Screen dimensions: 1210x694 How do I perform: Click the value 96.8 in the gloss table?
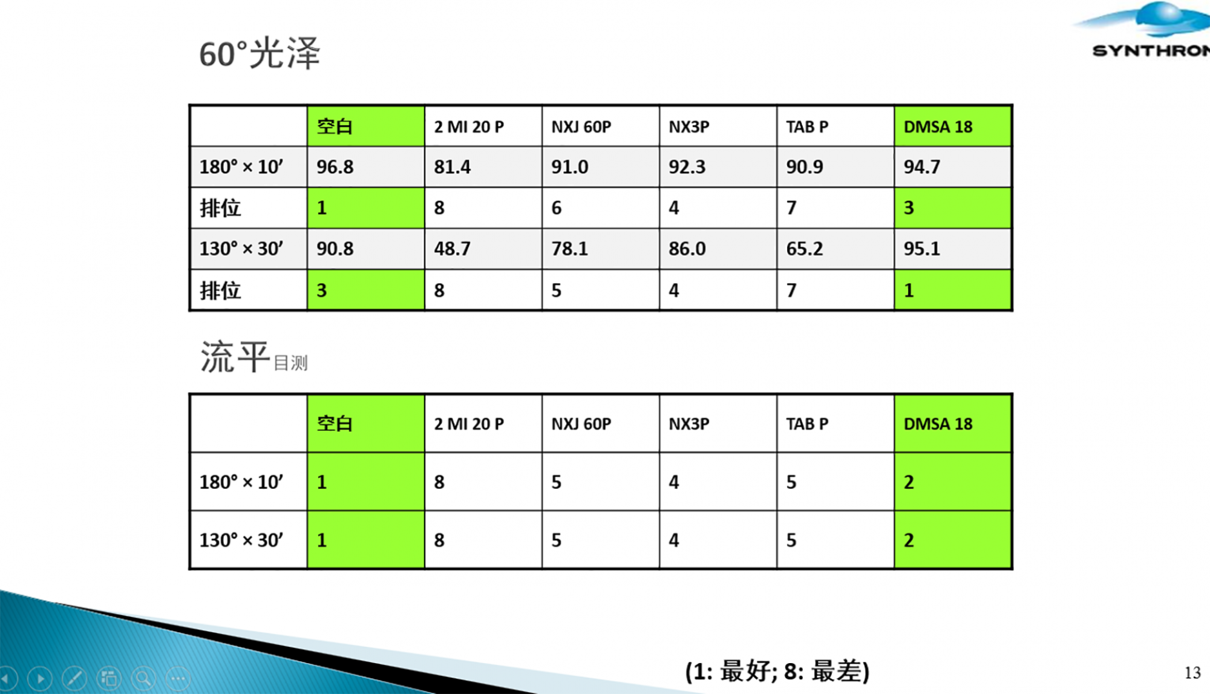[x=335, y=166]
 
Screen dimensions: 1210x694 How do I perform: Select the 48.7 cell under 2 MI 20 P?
[x=452, y=249]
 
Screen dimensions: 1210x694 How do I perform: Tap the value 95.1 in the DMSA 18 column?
[x=922, y=249]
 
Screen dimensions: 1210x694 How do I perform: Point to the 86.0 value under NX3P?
[x=687, y=249]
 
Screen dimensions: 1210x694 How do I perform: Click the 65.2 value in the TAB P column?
[x=805, y=249]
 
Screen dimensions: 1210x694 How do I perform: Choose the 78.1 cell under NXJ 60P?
[x=569, y=249]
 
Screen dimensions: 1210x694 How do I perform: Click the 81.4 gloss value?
[x=452, y=166]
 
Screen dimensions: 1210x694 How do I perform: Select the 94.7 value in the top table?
[x=922, y=166]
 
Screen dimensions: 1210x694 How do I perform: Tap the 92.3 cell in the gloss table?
[x=687, y=166]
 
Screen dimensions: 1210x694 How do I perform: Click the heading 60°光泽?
[x=260, y=53]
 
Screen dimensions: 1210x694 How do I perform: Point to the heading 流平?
[x=235, y=356]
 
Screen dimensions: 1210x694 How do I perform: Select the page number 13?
[x=1192, y=673]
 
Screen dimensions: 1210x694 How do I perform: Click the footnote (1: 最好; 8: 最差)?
[x=777, y=671]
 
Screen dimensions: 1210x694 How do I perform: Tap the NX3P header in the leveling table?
[x=689, y=424]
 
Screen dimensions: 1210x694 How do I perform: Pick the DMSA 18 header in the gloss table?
[x=938, y=127]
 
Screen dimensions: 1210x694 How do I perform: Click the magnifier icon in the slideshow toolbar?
[x=143, y=679]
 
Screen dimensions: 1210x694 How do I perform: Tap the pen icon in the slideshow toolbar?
[x=74, y=679]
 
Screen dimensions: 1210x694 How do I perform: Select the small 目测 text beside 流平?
[x=290, y=363]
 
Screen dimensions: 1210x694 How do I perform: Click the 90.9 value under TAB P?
[x=805, y=166]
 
